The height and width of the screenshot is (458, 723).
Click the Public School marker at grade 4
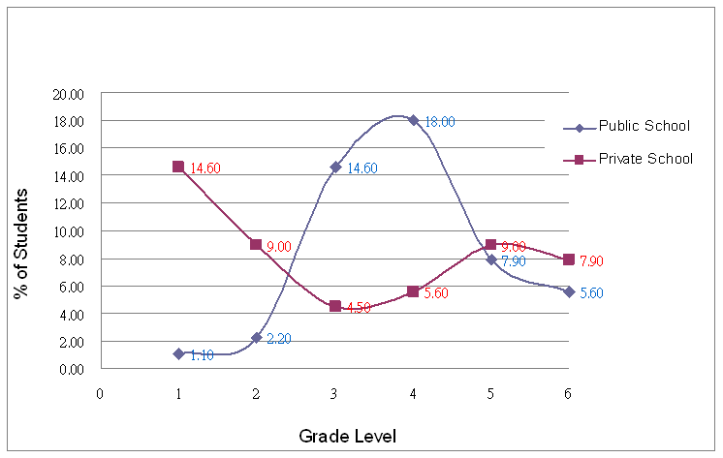click(413, 120)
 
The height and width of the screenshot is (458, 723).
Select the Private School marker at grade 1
click(178, 167)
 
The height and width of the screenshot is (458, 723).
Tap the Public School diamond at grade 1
click(178, 353)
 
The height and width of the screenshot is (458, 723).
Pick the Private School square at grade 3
click(335, 306)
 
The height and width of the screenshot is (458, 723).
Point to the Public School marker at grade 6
click(569, 291)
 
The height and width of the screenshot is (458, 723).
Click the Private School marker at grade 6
click(569, 260)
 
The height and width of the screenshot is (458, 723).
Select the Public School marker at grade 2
click(257, 338)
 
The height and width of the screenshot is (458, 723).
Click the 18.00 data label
click(440, 122)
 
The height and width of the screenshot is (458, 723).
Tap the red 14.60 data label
click(205, 168)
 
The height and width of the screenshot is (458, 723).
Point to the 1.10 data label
click(203, 355)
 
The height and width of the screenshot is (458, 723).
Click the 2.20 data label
click(279, 339)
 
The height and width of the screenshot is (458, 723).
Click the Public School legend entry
click(644, 127)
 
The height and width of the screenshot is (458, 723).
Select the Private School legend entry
click(645, 159)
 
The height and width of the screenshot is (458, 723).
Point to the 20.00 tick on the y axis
click(71, 94)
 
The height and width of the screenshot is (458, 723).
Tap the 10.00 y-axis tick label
click(71, 231)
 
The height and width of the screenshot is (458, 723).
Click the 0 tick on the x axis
click(100, 393)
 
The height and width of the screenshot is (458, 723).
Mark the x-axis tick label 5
click(490, 393)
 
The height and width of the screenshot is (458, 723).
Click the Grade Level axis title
click(347, 437)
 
